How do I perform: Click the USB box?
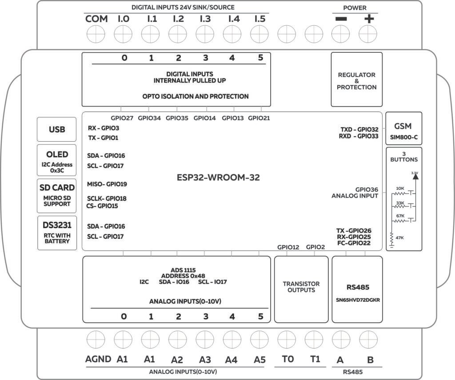click(56, 130)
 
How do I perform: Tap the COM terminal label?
click(96, 19)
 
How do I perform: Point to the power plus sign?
click(369, 19)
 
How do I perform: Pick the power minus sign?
click(341, 19)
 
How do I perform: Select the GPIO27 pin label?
click(122, 118)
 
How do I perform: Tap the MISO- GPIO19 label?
click(107, 184)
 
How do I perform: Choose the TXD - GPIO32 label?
click(359, 129)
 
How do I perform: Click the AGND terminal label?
click(98, 359)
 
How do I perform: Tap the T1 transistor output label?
click(315, 359)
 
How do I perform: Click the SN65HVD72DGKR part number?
click(357, 299)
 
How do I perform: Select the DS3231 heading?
click(56, 225)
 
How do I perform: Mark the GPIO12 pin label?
click(288, 247)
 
